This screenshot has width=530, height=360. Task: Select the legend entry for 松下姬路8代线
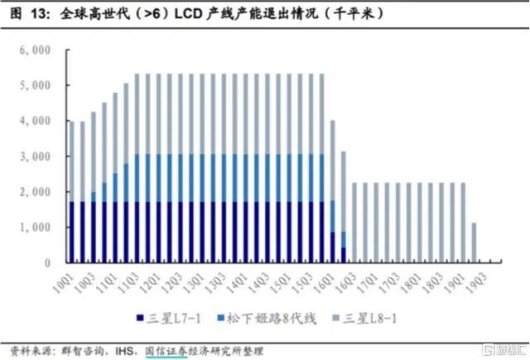tap(263, 317)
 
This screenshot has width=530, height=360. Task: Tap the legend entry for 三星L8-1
tap(377, 317)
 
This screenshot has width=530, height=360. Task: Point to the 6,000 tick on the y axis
tap(36, 50)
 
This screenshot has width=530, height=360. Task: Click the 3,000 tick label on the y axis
tap(36, 156)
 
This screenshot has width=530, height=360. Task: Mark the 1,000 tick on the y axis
tap(36, 228)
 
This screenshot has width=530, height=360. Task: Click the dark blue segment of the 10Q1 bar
tap(72, 232)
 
